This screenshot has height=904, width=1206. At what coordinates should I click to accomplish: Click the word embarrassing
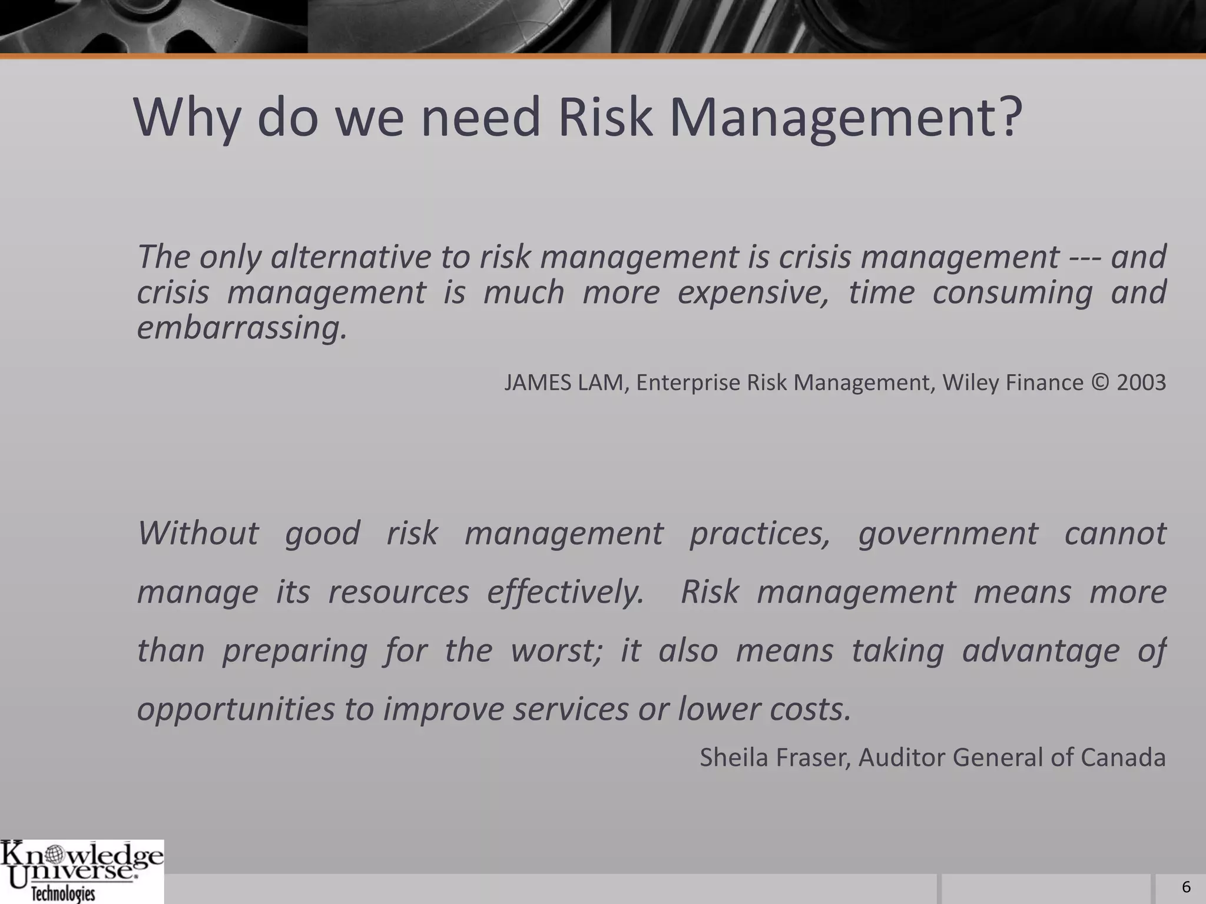(x=242, y=328)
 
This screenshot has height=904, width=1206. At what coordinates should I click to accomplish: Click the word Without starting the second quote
(x=198, y=533)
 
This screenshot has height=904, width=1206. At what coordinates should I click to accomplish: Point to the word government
(x=948, y=533)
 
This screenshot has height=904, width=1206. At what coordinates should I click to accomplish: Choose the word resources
(x=399, y=592)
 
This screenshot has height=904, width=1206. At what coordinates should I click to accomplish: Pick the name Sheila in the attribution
(x=734, y=757)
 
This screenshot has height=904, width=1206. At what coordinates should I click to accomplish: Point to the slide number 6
(x=1186, y=888)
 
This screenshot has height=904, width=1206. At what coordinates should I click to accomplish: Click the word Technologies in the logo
(x=63, y=894)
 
